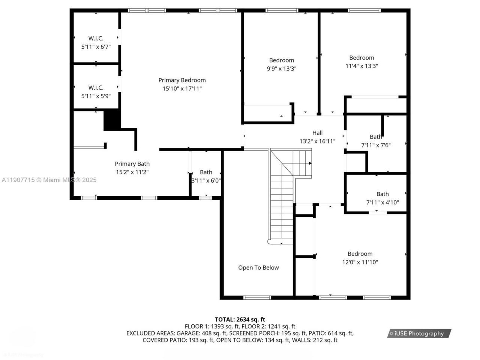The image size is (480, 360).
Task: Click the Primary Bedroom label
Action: point(182,80)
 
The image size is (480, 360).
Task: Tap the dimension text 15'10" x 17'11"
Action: point(182,88)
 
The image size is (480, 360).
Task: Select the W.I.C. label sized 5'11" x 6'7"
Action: point(96,38)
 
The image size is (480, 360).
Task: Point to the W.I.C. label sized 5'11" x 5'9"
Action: point(96,87)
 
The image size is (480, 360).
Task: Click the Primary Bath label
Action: point(132,163)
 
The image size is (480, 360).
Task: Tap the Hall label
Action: point(317,133)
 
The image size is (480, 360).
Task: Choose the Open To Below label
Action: point(258,267)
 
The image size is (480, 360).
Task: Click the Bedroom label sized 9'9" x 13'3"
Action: point(281,60)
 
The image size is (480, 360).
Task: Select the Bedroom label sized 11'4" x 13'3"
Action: point(361,57)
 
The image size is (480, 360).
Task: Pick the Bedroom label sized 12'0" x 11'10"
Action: point(360,253)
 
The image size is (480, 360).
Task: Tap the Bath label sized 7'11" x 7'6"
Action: point(376,136)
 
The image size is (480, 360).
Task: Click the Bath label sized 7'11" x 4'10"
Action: point(382,194)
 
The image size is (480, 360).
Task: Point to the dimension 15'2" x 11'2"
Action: point(132,172)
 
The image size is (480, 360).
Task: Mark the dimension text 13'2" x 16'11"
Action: point(317,141)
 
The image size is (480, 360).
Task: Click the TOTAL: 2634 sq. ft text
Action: point(240,319)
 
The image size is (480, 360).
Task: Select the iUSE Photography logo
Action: point(419,333)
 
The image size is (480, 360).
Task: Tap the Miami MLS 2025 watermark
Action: point(49,180)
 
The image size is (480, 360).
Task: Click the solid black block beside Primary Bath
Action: point(112,120)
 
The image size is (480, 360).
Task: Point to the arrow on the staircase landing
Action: point(310,163)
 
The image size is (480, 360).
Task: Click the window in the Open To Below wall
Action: point(257,298)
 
